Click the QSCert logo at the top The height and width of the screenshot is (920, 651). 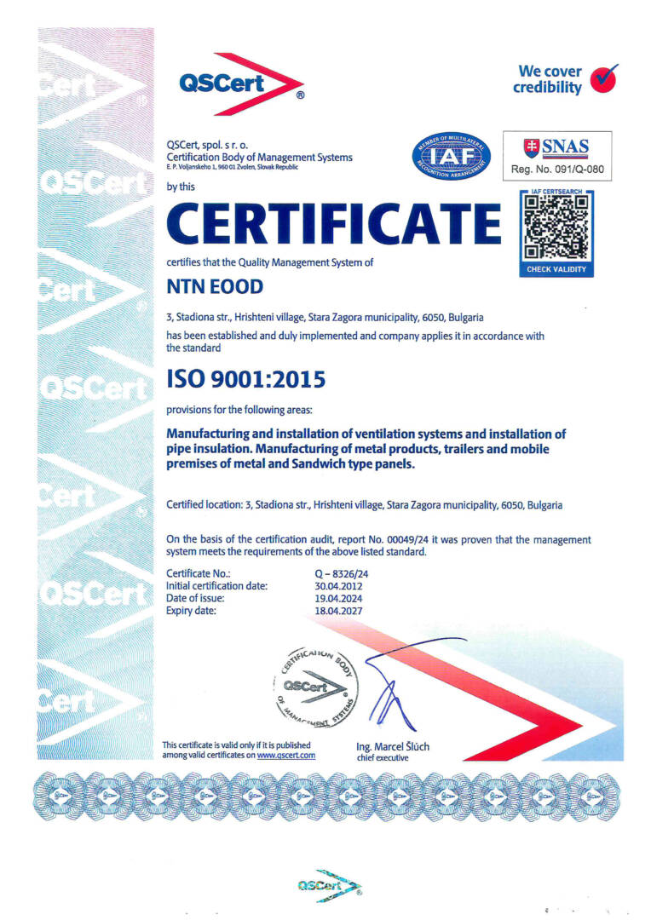pyautogui.click(x=241, y=84)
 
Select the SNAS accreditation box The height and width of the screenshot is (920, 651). pyautogui.click(x=556, y=154)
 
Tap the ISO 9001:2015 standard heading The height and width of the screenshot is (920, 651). pyautogui.click(x=245, y=377)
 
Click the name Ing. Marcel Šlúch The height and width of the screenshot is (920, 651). pyautogui.click(x=393, y=747)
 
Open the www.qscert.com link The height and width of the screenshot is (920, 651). pyautogui.click(x=286, y=755)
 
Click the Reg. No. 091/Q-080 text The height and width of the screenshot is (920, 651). pyautogui.click(x=556, y=170)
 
